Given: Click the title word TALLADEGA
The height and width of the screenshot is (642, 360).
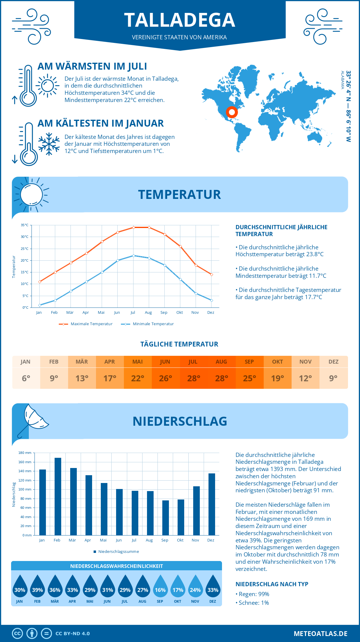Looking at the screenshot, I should [x=180, y=20].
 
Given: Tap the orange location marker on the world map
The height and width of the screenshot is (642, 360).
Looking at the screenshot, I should [x=232, y=112].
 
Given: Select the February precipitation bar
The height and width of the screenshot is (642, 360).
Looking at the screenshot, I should [x=58, y=496].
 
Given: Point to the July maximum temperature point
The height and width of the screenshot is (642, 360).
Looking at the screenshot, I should [x=133, y=227].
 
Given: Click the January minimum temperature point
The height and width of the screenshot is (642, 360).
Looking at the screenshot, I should [x=40, y=305].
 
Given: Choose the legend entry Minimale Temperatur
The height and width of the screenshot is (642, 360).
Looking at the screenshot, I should [x=148, y=324].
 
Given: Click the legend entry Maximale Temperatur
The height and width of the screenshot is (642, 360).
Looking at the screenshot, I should [x=86, y=324].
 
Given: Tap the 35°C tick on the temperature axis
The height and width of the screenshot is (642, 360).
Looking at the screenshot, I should [x=25, y=225].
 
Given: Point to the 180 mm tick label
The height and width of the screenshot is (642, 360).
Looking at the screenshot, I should [x=25, y=453].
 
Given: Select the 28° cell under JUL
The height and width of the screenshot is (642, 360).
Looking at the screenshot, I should [x=193, y=378].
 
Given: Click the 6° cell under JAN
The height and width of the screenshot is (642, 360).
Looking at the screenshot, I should [x=26, y=378].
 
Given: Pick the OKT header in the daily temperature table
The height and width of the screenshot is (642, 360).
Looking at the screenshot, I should [x=277, y=361].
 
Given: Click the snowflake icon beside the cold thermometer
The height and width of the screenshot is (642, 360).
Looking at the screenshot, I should [x=49, y=144].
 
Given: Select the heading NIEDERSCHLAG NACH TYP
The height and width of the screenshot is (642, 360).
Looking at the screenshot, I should [x=272, y=584].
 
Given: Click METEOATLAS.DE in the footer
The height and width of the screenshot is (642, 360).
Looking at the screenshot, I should [x=320, y=634].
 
